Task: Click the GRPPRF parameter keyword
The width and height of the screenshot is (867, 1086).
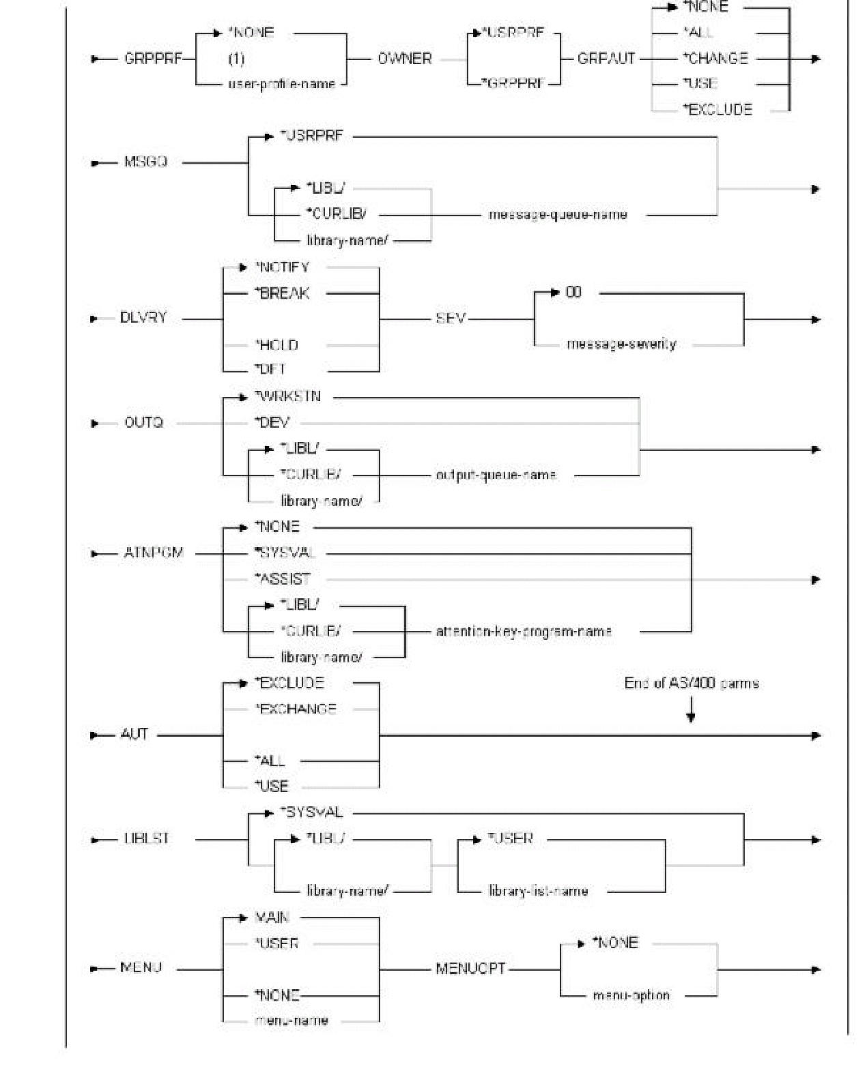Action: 153,59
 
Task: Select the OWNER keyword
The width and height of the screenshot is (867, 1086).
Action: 405,59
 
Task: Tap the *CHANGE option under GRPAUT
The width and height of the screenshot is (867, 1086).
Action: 715,59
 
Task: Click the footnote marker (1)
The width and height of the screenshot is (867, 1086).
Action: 236,59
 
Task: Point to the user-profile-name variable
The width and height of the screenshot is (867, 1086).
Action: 281,85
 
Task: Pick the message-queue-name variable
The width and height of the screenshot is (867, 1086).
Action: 558,215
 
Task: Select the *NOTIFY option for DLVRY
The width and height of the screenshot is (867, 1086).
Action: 282,267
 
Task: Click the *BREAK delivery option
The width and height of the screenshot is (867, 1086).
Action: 282,293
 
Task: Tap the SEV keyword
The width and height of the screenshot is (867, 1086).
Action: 451,319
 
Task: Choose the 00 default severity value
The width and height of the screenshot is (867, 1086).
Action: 573,293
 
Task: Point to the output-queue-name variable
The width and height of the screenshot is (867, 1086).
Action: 496,475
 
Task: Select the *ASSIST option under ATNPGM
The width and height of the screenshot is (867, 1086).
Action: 283,580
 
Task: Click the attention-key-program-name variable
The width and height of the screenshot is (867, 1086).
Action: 524,632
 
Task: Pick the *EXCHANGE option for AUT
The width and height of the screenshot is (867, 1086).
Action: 295,709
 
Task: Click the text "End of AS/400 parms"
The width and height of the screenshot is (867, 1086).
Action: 692,684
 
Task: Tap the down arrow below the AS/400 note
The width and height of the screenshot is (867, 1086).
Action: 691,714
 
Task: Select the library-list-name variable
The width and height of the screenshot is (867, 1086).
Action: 538,891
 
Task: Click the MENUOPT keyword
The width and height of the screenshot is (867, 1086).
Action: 470,969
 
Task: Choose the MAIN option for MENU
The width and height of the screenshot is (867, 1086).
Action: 272,918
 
